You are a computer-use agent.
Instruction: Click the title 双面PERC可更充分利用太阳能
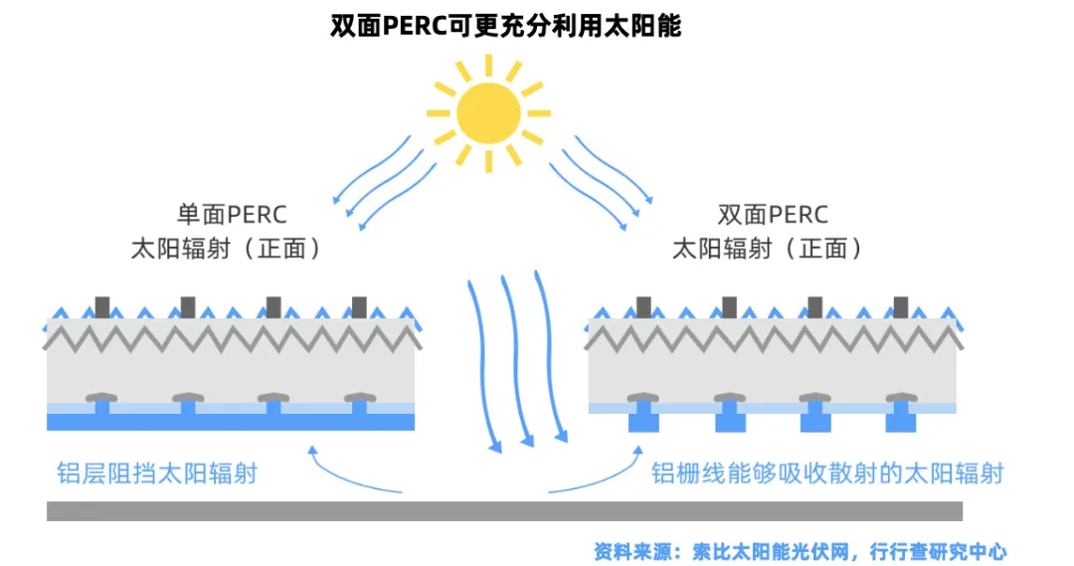pos(506,26)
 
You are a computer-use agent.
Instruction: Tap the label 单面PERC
pos(231,215)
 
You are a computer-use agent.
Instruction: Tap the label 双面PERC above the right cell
pos(773,215)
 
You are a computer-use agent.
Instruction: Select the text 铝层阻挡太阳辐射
pos(157,472)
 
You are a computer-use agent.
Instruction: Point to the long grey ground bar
pos(504,510)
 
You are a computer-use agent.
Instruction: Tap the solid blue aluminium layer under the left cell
pos(231,422)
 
